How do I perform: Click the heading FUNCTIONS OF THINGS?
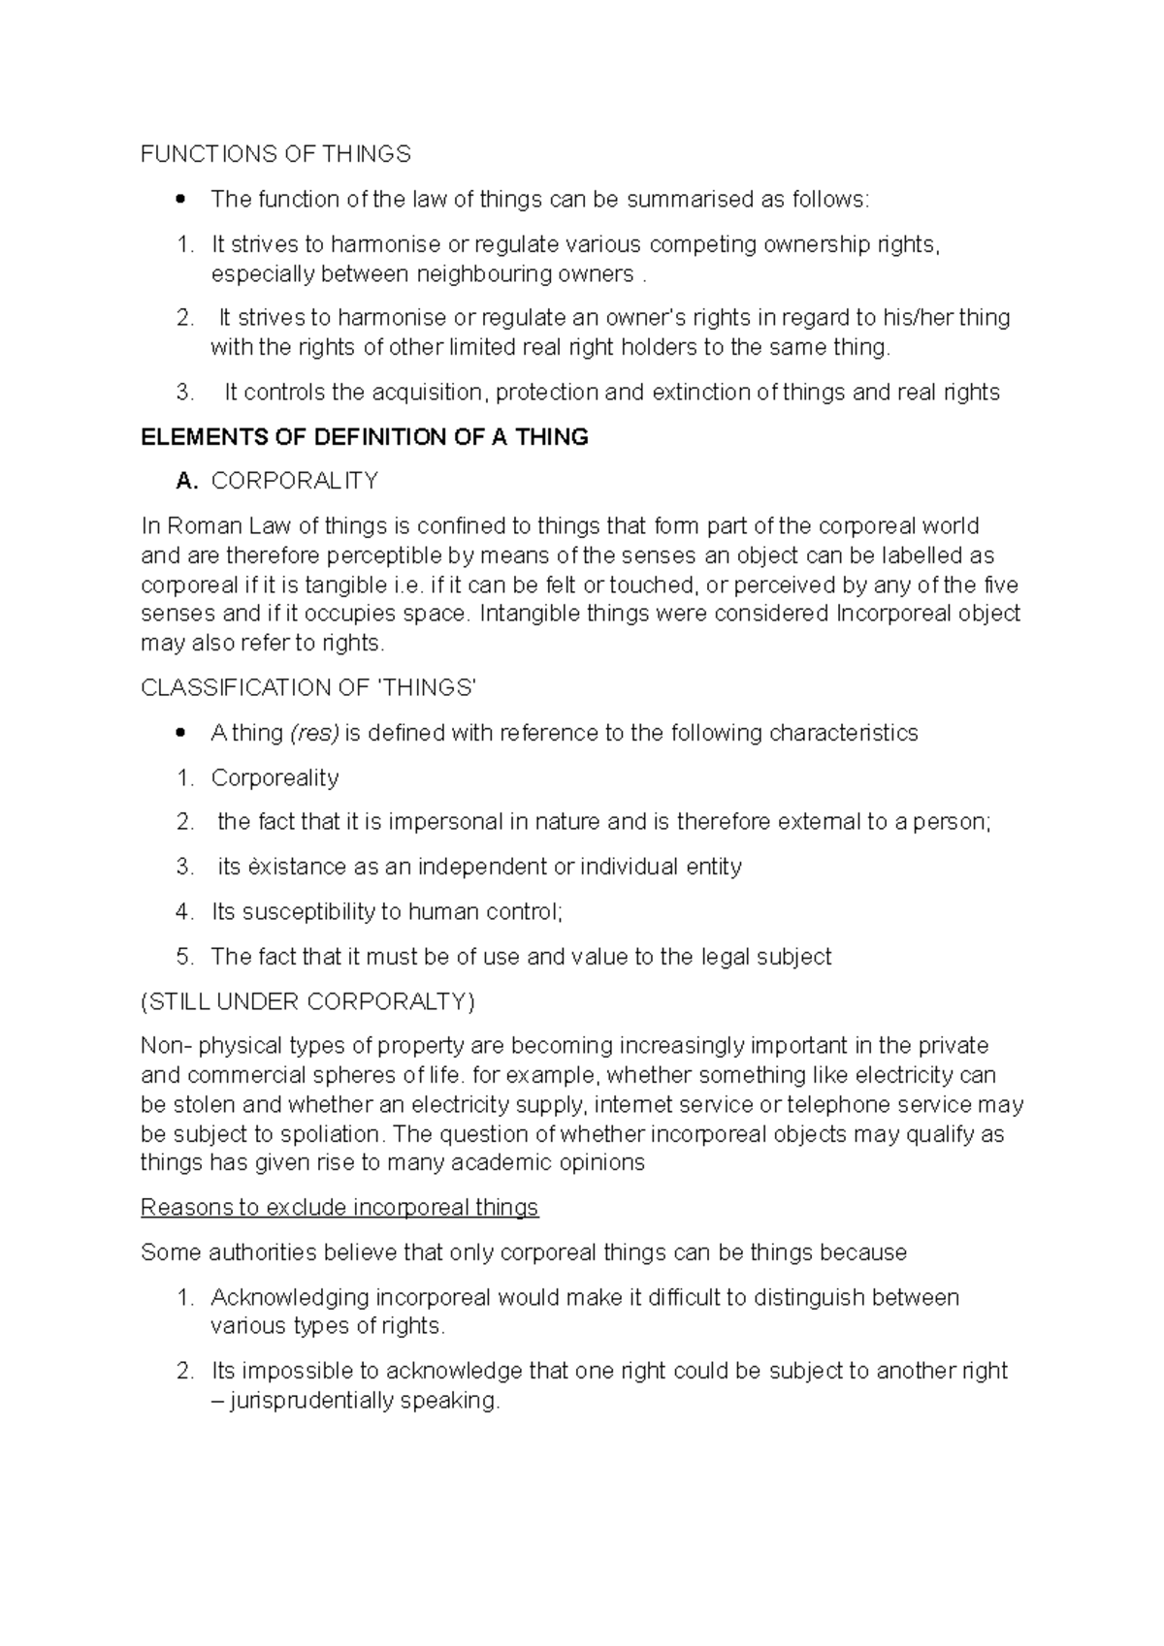[275, 154]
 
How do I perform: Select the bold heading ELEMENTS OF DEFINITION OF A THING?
[364, 437]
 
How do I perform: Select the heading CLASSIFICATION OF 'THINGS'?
[308, 688]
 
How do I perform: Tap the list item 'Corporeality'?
[275, 778]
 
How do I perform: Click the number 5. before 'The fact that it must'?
[185, 957]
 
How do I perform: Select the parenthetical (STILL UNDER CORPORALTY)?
[307, 1001]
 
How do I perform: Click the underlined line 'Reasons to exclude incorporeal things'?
[339, 1208]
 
